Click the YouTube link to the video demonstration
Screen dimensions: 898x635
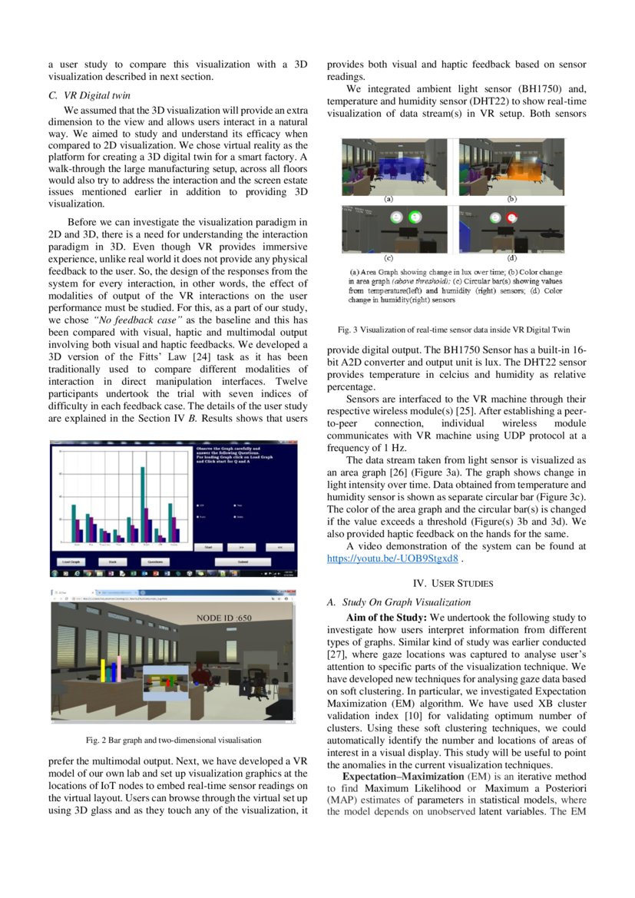(x=392, y=558)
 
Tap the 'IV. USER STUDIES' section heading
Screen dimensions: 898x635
(x=452, y=583)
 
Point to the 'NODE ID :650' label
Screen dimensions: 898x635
(x=223, y=618)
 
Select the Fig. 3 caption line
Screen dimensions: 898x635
(x=454, y=330)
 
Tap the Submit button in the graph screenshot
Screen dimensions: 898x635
(x=243, y=562)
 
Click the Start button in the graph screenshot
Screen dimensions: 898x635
(x=207, y=547)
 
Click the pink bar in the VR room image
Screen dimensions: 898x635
(x=119, y=668)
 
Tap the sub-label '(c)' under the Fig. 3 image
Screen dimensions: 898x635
(x=389, y=257)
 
